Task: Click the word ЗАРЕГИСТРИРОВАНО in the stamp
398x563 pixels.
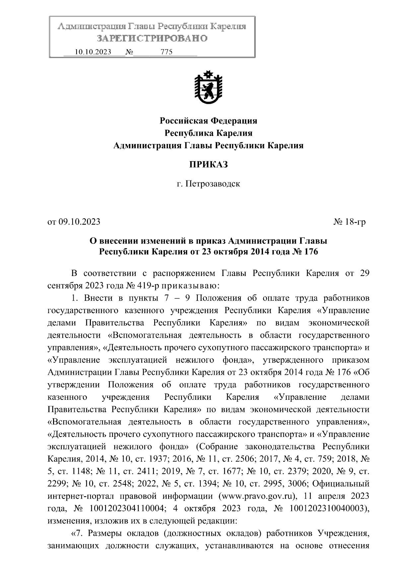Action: pyautogui.click(x=152, y=38)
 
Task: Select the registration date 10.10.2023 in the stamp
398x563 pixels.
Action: pyautogui.click(x=93, y=52)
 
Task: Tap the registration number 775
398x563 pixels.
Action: pyautogui.click(x=166, y=52)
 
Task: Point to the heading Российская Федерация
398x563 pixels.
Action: pyautogui.click(x=208, y=121)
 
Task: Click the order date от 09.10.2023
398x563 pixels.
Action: pyautogui.click(x=74, y=222)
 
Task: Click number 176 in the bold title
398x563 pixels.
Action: pyautogui.click(x=311, y=252)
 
